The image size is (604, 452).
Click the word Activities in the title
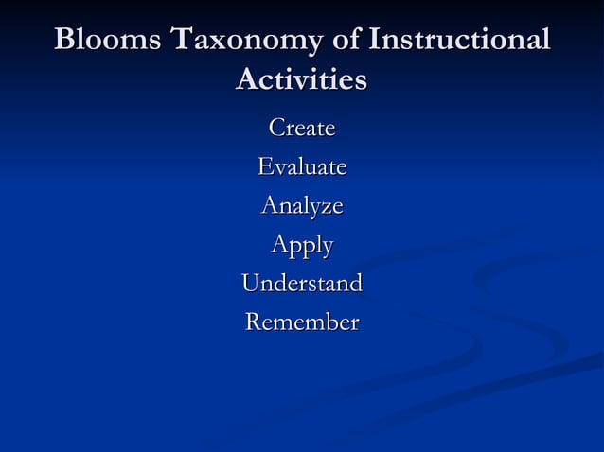tap(301, 79)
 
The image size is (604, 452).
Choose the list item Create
tap(302, 127)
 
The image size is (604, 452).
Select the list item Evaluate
tap(302, 166)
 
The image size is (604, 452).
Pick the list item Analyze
tap(302, 205)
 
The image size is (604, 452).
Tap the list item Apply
tap(302, 245)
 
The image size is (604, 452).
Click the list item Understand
tap(302, 283)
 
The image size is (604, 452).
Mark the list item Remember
tap(302, 322)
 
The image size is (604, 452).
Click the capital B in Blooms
tap(65, 41)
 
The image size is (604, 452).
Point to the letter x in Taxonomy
tap(215, 43)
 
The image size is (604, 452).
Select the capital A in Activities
tap(246, 79)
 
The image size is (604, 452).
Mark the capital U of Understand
tap(252, 283)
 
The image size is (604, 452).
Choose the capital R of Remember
tap(255, 322)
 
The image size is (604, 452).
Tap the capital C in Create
tap(277, 127)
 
